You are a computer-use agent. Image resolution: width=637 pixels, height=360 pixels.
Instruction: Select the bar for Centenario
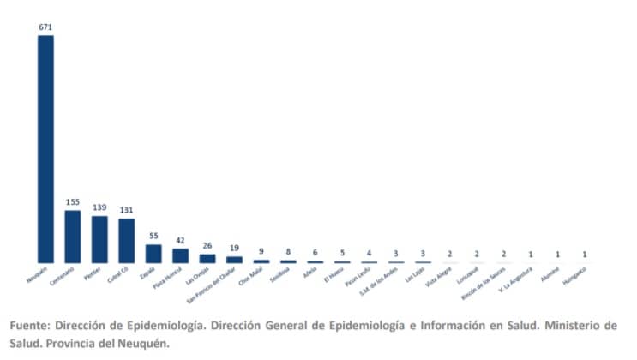(x=73, y=236)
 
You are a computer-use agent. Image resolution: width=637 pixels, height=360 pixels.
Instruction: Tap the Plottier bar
(x=99, y=238)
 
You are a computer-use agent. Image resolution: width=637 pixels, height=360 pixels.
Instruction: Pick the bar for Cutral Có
(x=127, y=240)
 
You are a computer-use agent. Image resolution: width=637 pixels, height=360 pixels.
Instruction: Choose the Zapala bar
(x=153, y=253)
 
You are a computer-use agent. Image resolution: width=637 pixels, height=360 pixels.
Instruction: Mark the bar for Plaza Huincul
(x=180, y=255)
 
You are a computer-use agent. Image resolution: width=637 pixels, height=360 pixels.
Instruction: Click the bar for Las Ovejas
(x=207, y=257)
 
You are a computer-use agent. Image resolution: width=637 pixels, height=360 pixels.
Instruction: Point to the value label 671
(x=45, y=27)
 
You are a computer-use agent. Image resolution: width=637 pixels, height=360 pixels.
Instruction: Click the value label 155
(x=73, y=202)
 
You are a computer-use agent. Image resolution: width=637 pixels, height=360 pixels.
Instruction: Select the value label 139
(x=99, y=207)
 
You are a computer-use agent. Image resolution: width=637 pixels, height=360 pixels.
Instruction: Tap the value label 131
(x=127, y=210)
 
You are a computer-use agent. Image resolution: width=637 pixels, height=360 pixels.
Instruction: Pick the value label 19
(x=234, y=249)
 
